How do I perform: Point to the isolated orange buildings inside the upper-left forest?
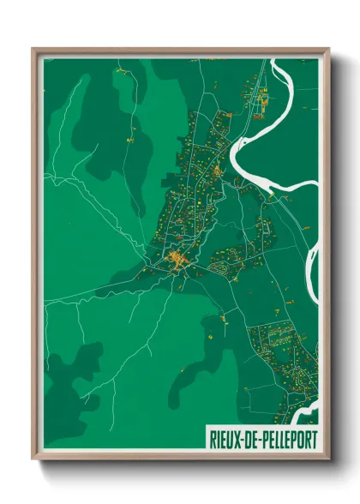tap(129, 137)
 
